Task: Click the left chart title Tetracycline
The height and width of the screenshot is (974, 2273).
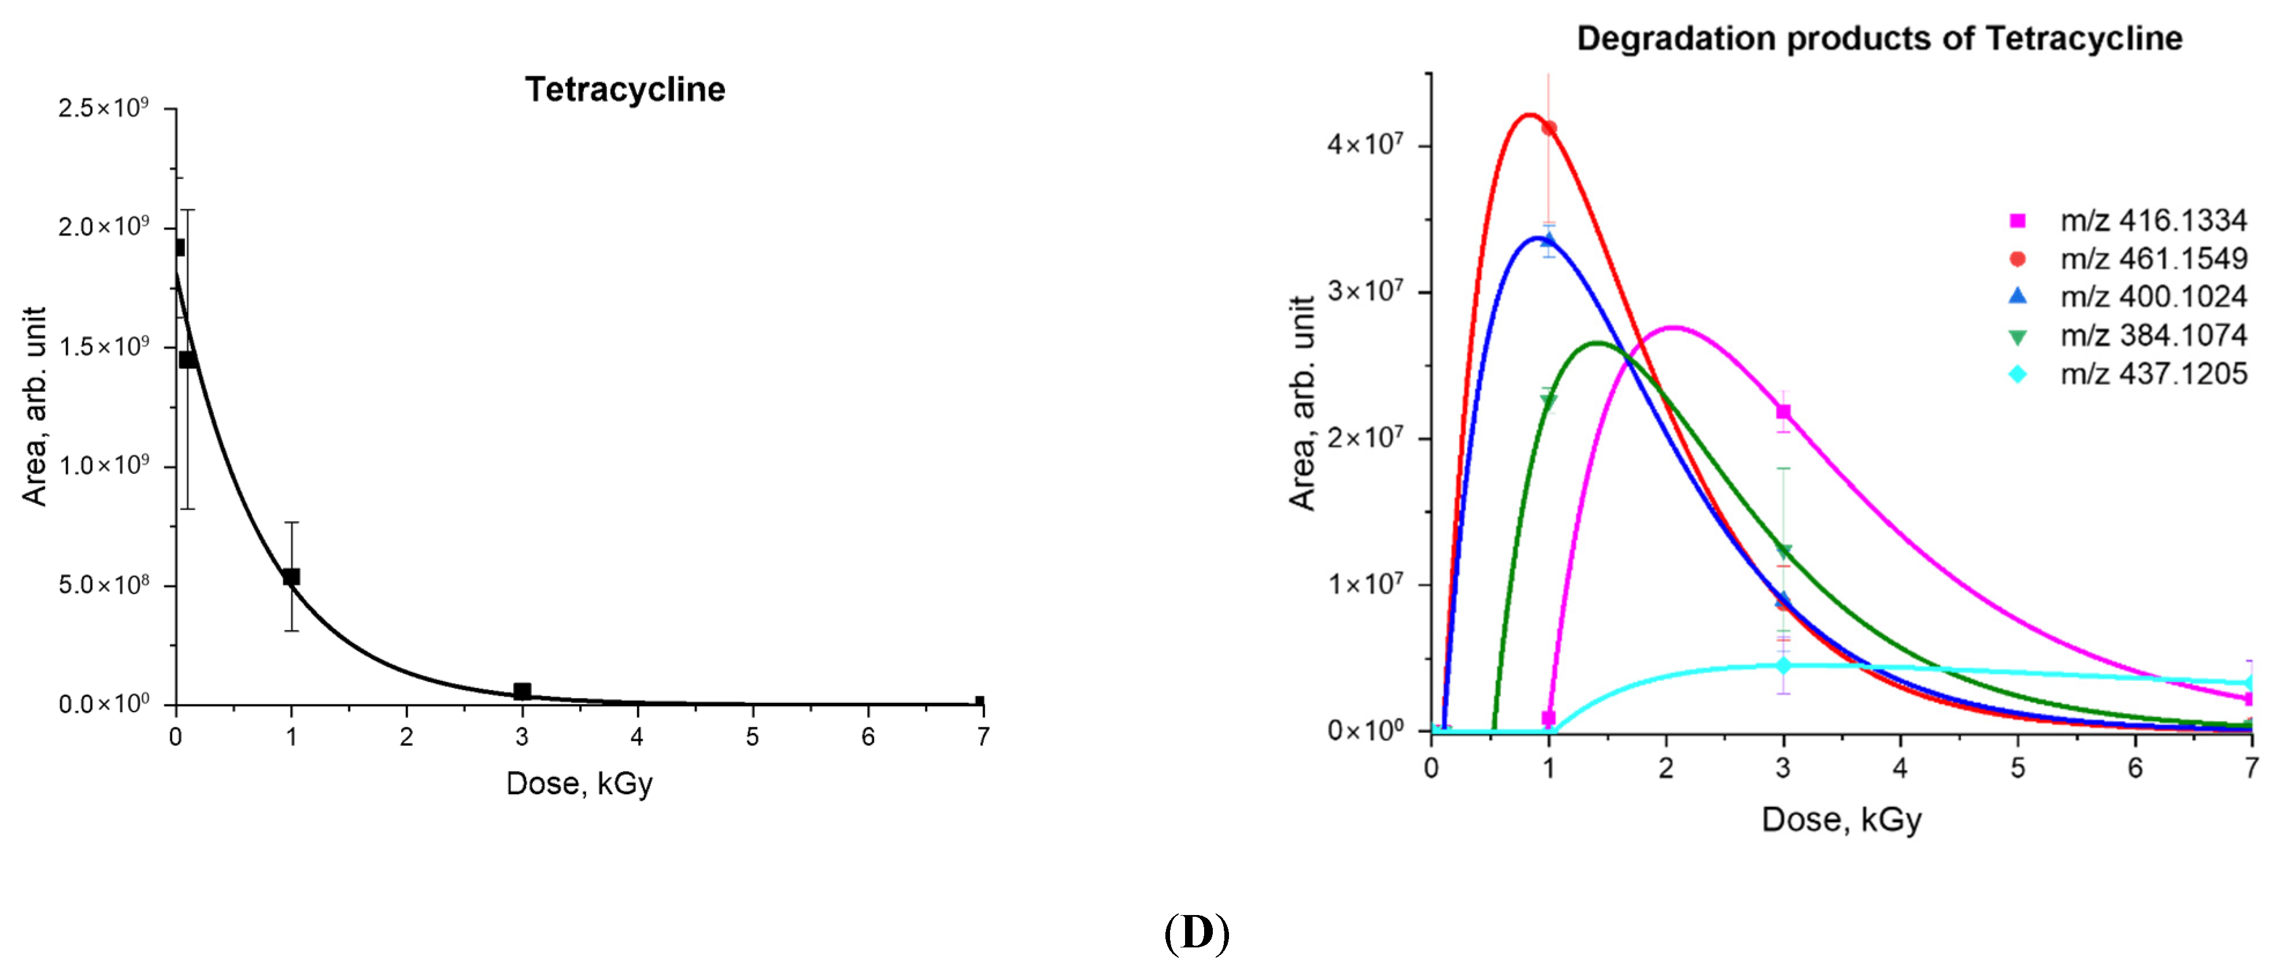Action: pos(625,90)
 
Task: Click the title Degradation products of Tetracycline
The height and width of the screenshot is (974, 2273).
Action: pos(1879,39)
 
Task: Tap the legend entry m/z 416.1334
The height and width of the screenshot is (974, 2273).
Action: pos(2152,221)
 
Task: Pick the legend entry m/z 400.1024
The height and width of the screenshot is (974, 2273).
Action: pos(2152,297)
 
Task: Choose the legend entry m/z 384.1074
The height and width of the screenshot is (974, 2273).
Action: pos(2152,335)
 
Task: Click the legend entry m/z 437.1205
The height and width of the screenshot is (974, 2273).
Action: pos(2152,374)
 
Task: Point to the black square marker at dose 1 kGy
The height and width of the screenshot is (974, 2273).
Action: pos(291,577)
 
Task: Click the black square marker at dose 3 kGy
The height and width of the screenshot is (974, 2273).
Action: pos(523,691)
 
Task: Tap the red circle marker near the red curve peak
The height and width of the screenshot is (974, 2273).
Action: pos(1549,128)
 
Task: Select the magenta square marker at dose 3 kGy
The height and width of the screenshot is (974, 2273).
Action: pos(1783,412)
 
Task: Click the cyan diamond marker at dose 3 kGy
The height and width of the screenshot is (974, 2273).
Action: pos(1783,665)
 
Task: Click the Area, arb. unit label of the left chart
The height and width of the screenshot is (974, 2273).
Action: pos(35,406)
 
